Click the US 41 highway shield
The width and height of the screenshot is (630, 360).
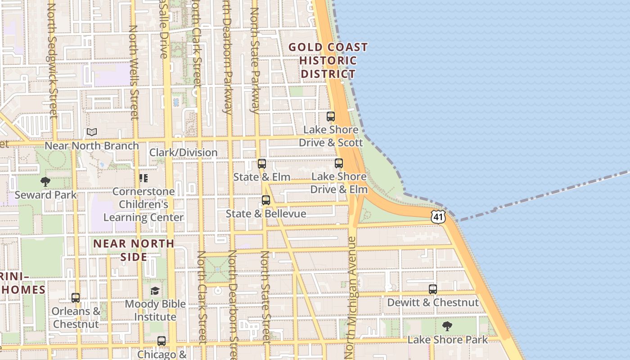(x=438, y=216)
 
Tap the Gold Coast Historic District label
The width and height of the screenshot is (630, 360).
(x=328, y=61)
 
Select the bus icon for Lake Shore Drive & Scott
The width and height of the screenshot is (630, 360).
(x=331, y=117)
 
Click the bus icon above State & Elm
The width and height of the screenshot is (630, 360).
(x=262, y=164)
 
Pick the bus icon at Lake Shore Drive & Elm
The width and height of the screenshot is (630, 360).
(x=339, y=163)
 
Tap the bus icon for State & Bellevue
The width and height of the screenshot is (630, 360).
(x=266, y=200)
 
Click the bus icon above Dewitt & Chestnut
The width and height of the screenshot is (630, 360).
(x=433, y=289)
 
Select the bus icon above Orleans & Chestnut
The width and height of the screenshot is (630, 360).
(x=76, y=298)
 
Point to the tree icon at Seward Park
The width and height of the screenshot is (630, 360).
(x=45, y=182)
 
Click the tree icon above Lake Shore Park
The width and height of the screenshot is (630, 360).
(x=447, y=326)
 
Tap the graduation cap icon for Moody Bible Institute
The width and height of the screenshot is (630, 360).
(x=155, y=291)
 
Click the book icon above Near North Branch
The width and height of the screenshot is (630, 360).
(x=92, y=132)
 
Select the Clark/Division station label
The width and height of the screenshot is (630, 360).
(x=184, y=153)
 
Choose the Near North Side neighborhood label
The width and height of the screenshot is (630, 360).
(x=134, y=250)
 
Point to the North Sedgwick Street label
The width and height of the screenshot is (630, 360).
(x=52, y=61)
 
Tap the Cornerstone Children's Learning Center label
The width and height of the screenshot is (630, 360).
(x=144, y=204)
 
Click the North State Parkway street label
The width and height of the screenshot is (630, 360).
(x=255, y=61)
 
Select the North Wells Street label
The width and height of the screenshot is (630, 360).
(x=133, y=72)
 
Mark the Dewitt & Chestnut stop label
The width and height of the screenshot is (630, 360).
(x=433, y=302)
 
